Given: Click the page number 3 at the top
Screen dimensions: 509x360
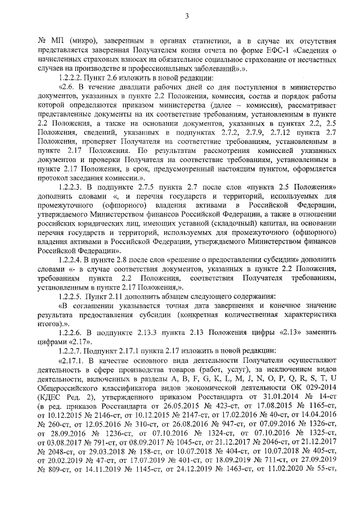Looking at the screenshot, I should click(x=186, y=15).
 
